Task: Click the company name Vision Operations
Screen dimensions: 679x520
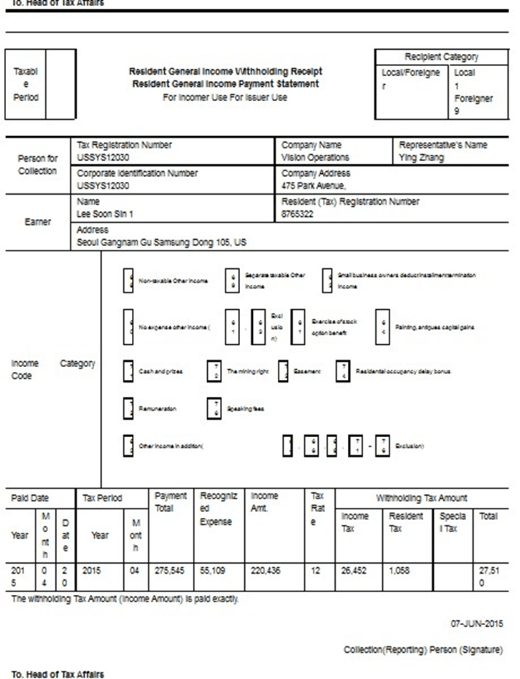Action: click(x=315, y=158)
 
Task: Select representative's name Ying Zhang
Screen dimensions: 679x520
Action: click(x=422, y=158)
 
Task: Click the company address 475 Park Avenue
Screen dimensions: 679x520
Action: click(x=313, y=186)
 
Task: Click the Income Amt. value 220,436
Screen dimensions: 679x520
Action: click(x=266, y=570)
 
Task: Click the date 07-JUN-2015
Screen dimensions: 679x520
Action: click(x=478, y=624)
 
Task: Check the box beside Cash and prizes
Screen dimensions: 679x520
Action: click(x=128, y=371)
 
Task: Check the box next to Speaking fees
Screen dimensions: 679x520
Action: click(x=214, y=408)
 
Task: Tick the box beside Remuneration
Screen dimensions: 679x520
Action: click(x=128, y=408)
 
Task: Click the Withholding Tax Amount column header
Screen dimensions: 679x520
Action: click(x=421, y=498)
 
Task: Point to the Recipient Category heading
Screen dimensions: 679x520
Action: click(x=441, y=57)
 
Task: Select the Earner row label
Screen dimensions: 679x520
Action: click(x=38, y=222)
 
